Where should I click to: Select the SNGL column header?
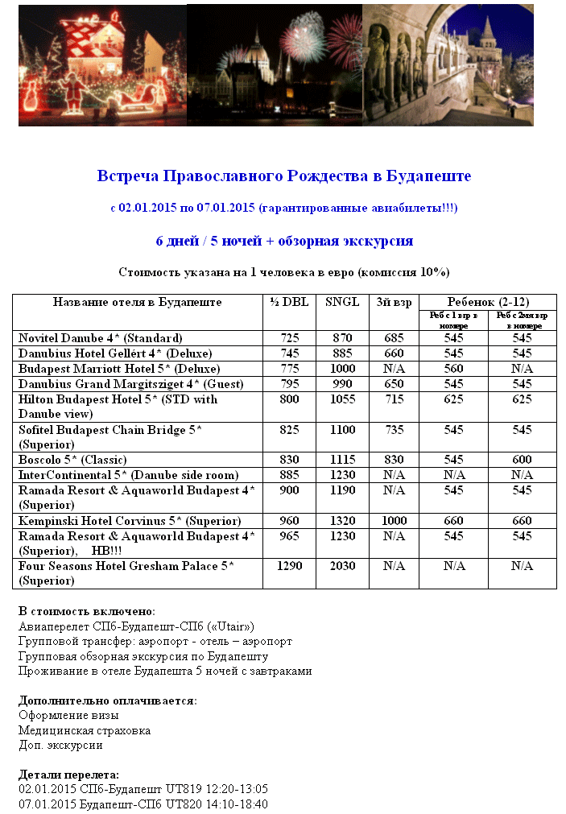[342, 303]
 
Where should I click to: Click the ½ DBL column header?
[290, 303]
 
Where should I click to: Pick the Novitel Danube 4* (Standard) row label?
[101, 338]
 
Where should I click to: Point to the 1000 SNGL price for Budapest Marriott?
[342, 369]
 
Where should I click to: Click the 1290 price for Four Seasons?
[290, 566]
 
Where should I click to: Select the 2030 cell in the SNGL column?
[342, 566]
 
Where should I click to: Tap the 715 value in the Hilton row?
[394, 399]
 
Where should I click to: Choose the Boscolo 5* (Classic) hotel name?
[71, 460]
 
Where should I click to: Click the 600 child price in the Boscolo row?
[522, 460]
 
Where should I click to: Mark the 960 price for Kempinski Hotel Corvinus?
[290, 521]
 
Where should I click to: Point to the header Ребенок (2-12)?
[487, 302]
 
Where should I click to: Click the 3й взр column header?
[394, 303]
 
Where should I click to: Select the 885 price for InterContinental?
[290, 475]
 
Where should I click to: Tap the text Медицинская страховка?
[85, 730]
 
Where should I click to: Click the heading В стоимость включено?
[87, 612]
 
